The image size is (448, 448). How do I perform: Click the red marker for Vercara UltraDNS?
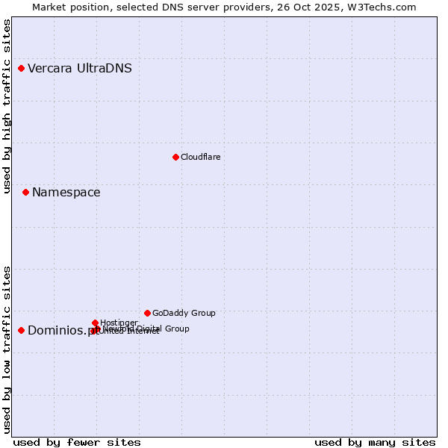pyautogui.click(x=22, y=69)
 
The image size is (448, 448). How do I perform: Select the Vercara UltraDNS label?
pyautogui.click(x=80, y=69)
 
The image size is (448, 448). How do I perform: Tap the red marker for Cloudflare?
pyautogui.click(x=175, y=157)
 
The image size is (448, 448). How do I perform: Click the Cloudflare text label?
pyautogui.click(x=200, y=157)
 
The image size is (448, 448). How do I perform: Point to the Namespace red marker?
pyautogui.click(x=25, y=193)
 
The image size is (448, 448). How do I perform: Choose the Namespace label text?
pyautogui.click(x=66, y=193)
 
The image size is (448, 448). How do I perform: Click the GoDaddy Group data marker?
pyautogui.click(x=147, y=313)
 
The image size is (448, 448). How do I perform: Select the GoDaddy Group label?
pyautogui.click(x=184, y=313)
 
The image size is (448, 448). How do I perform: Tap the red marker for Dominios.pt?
pyautogui.click(x=22, y=330)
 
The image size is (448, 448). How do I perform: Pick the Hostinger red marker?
pyautogui.click(x=95, y=323)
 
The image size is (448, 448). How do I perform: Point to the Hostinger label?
pyautogui.click(x=119, y=323)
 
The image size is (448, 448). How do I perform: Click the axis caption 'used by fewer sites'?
pyautogui.click(x=77, y=442)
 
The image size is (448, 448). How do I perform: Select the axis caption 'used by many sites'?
pyautogui.click(x=375, y=442)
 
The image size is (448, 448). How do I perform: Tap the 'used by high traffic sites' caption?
pyautogui.click(x=7, y=106)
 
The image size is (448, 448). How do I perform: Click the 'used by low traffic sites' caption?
pyautogui.click(x=7, y=349)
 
